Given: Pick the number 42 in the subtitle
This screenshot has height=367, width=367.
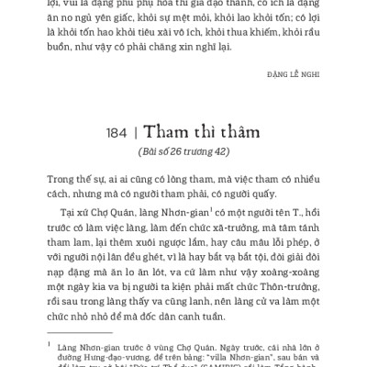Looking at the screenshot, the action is click(x=219, y=150).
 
